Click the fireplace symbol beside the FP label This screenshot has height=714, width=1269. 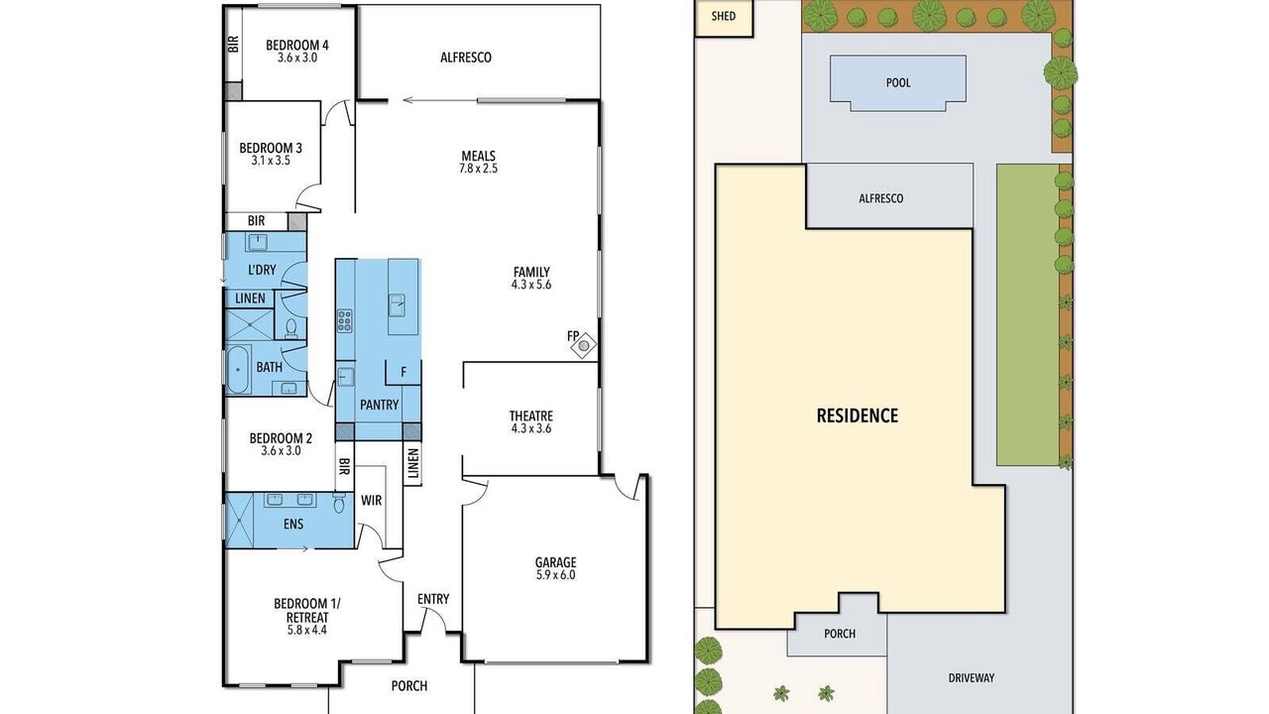click(x=584, y=344)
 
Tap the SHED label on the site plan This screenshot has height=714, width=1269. click(x=724, y=16)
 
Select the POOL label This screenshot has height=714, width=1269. click(x=898, y=82)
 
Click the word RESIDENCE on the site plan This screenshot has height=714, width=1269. click(x=858, y=416)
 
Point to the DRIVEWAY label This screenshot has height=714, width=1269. click(x=971, y=677)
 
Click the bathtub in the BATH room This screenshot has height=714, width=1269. click(x=238, y=369)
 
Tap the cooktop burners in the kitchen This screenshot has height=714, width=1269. click(x=345, y=320)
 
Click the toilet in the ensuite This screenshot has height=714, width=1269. click(x=339, y=503)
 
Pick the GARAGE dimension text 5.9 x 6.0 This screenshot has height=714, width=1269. click(x=556, y=575)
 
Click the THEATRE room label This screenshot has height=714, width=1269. click(x=530, y=416)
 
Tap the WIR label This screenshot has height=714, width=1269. click(x=372, y=501)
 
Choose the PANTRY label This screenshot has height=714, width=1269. click(x=379, y=405)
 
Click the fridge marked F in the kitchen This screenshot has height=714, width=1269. click(x=404, y=372)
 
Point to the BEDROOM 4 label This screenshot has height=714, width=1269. click(x=297, y=46)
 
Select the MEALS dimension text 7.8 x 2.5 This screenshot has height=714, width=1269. click(x=478, y=169)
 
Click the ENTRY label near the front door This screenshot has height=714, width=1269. click(x=433, y=599)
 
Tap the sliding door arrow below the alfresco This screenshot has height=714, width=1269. click(x=440, y=101)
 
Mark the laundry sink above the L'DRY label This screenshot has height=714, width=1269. click(x=257, y=242)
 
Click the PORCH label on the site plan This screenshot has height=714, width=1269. click(x=840, y=634)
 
